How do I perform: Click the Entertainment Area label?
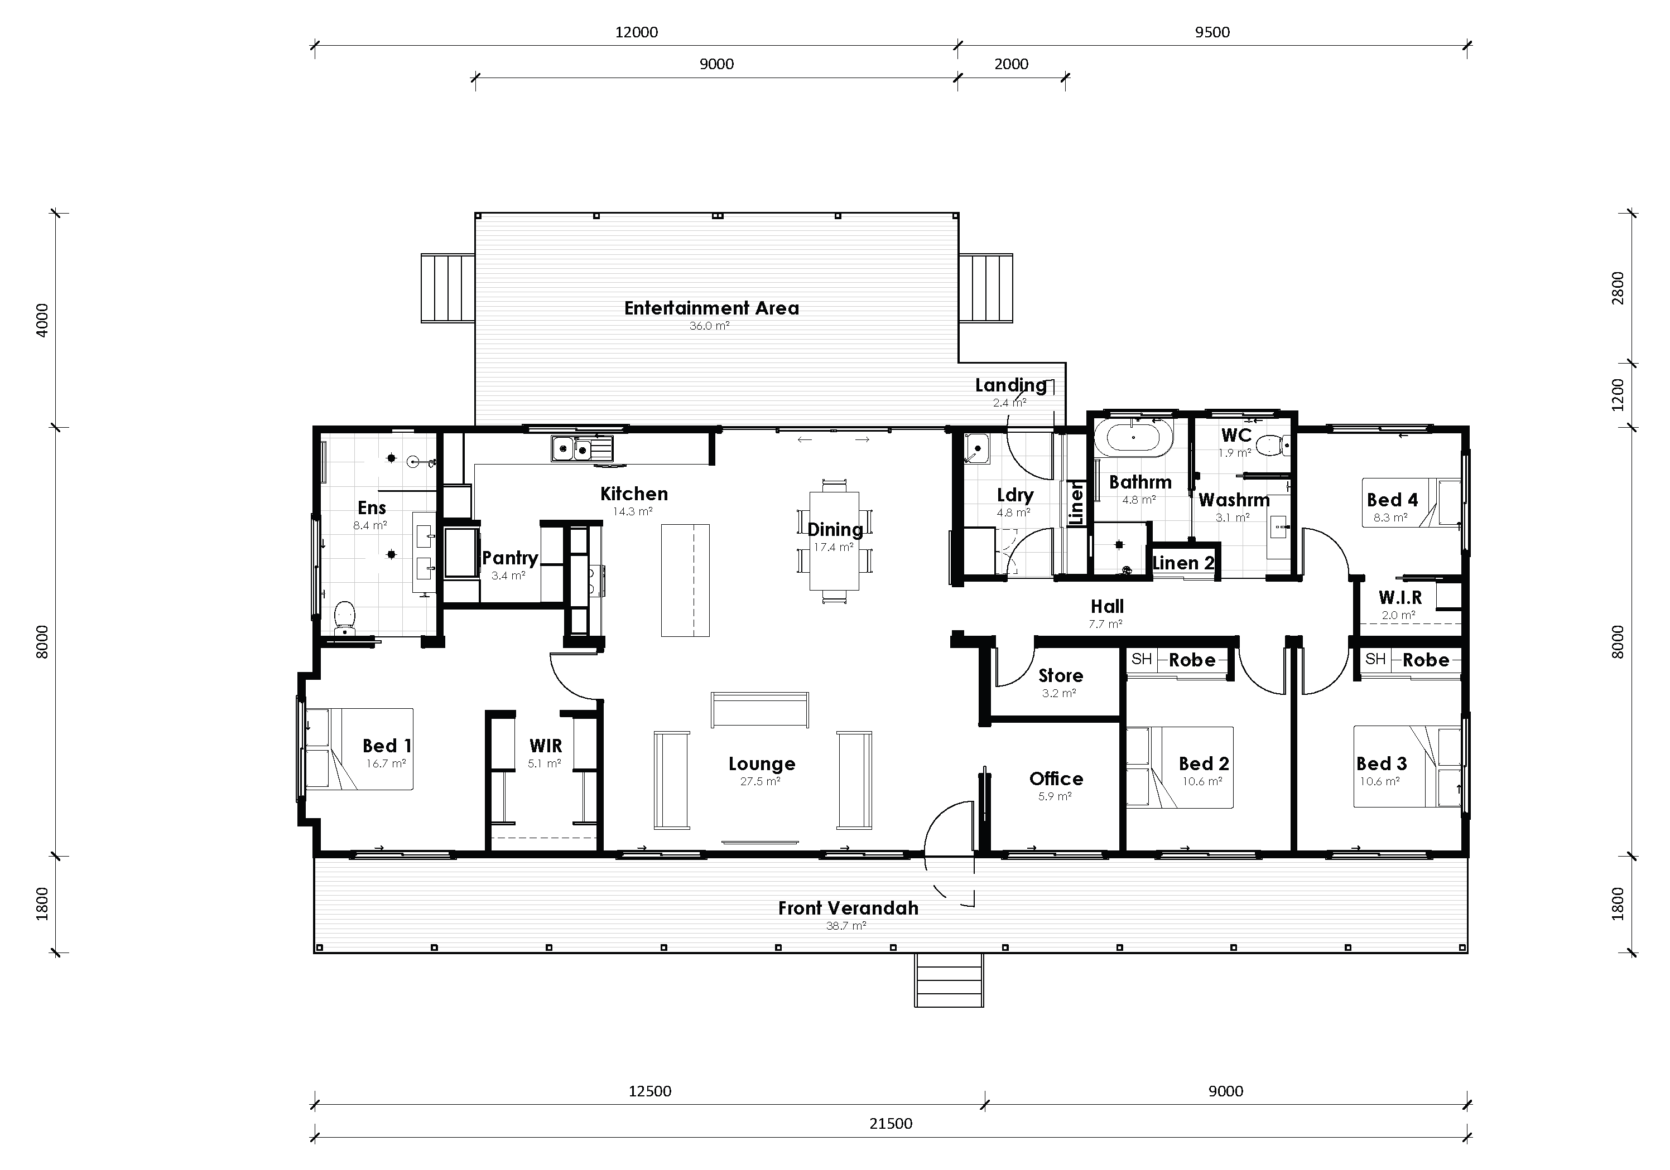click(x=711, y=308)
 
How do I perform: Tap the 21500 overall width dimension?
click(x=891, y=1124)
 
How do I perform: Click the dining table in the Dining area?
click(x=834, y=541)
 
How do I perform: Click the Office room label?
click(x=1056, y=779)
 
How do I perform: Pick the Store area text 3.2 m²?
click(x=1058, y=694)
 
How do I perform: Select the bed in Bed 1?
click(x=359, y=749)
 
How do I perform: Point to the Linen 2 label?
click(x=1183, y=563)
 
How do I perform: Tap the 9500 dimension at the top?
click(x=1212, y=32)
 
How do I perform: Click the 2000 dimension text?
click(x=1011, y=64)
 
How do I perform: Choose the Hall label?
click(x=1107, y=606)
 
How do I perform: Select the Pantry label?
click(x=510, y=558)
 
